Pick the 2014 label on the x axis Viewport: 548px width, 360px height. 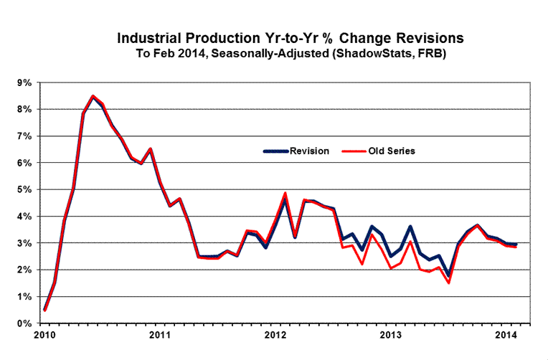[x=506, y=335]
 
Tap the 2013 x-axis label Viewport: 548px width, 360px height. [x=389, y=335]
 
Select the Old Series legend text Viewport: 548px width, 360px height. [x=392, y=151]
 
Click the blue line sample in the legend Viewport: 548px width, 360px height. [x=275, y=151]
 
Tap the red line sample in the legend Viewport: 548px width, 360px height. [x=352, y=151]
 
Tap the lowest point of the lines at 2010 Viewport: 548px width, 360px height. [x=44, y=310]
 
